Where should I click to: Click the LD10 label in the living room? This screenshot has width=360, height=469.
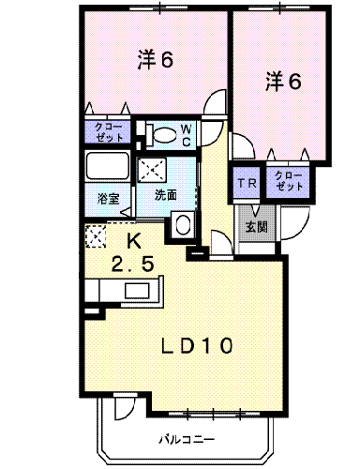point(197,345)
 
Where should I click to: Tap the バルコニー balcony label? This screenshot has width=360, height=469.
point(187,440)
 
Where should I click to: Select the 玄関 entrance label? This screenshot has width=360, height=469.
point(256,227)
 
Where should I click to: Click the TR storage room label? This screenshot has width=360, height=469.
point(247,183)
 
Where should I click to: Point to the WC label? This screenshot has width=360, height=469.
point(187,135)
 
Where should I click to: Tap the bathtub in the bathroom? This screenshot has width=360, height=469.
point(108,165)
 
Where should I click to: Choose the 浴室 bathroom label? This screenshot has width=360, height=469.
point(108,199)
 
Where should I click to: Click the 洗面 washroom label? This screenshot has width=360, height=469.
point(166,195)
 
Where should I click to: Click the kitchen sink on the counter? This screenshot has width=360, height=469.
point(137,292)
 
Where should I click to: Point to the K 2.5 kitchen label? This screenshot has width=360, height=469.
point(133,253)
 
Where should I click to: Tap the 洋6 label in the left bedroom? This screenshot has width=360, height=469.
point(156,59)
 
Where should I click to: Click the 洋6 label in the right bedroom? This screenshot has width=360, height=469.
point(283,82)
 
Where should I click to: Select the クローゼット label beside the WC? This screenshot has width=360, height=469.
point(109,132)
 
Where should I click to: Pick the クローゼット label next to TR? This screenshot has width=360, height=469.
point(289,181)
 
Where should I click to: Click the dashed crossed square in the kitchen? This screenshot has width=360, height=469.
point(96,236)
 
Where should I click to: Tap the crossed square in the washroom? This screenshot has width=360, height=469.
point(153,170)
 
